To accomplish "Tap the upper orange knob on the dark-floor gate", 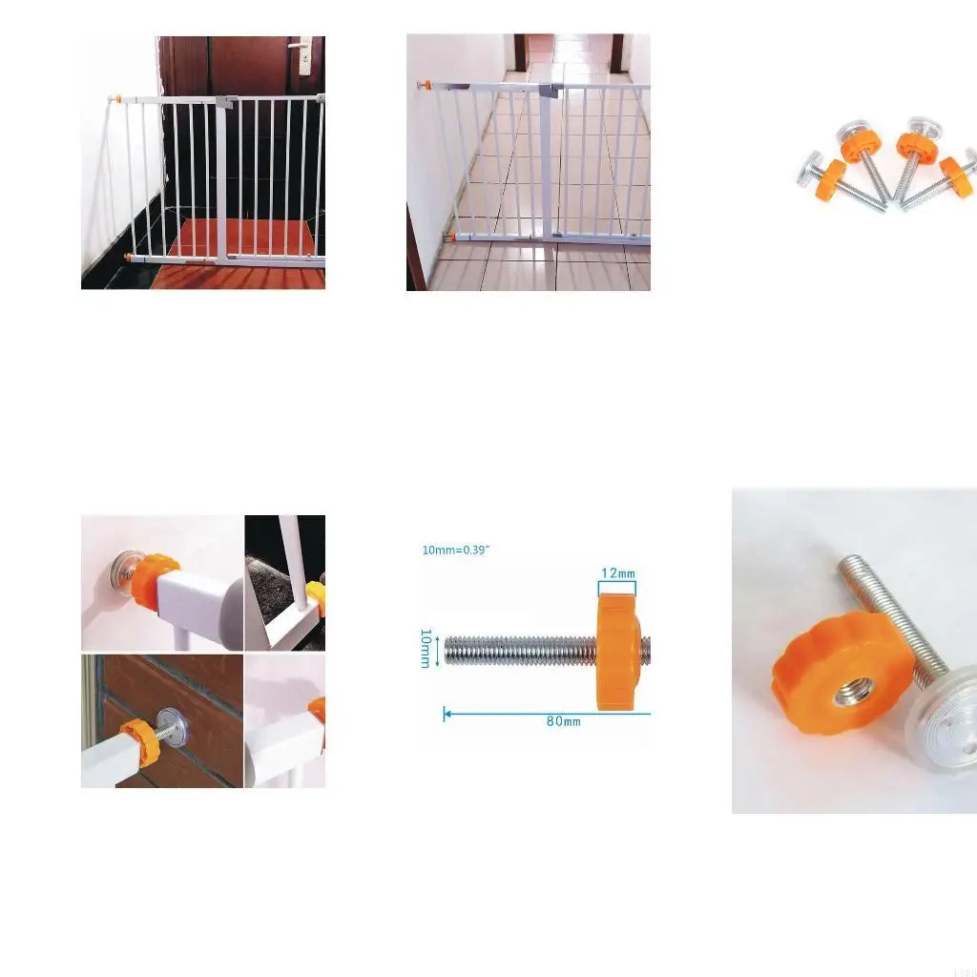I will point(114,98).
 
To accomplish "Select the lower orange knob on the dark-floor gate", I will point(129,257).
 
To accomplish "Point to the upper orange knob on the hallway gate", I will point(421,87).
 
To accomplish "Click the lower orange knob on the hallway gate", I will point(448,236).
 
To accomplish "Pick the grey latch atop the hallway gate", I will point(548,91).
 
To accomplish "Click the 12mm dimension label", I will point(616,573).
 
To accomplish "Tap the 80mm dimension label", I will point(563,721).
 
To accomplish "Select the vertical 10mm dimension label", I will point(426,649).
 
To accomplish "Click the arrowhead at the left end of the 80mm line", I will point(447,712).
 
